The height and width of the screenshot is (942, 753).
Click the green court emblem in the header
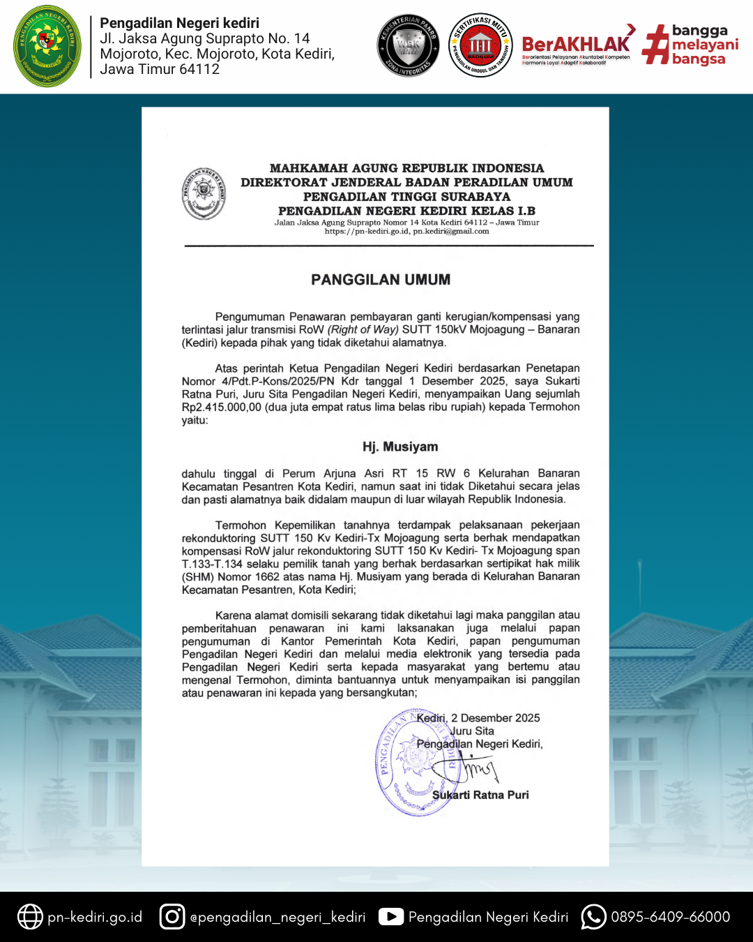pos(47,46)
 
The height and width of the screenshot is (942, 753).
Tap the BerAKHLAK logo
pos(576,46)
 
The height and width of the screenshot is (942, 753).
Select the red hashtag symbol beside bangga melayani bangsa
pos(655,45)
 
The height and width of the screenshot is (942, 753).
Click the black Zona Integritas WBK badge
pos(409,46)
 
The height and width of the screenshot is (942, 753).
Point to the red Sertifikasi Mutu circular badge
pos(480,45)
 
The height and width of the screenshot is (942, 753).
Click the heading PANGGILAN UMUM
pos(381,280)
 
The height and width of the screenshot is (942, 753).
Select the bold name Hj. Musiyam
pos(400,447)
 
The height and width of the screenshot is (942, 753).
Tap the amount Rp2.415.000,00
pos(222,407)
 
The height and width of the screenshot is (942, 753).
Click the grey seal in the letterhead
pos(204,193)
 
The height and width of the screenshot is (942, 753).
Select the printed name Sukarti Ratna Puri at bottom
pos(480,795)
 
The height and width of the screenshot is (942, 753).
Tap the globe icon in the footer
pos(30,917)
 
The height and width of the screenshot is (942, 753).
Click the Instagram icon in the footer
pos(172,917)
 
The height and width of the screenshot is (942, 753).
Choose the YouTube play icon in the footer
pos(391,917)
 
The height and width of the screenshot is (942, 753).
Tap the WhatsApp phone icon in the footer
pos(593,917)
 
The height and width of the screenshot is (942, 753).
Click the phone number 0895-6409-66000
pos(671,917)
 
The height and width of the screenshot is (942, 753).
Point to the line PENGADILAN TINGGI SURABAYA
pos(407,197)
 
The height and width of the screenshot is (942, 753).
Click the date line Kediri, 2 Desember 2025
pos(478,718)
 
